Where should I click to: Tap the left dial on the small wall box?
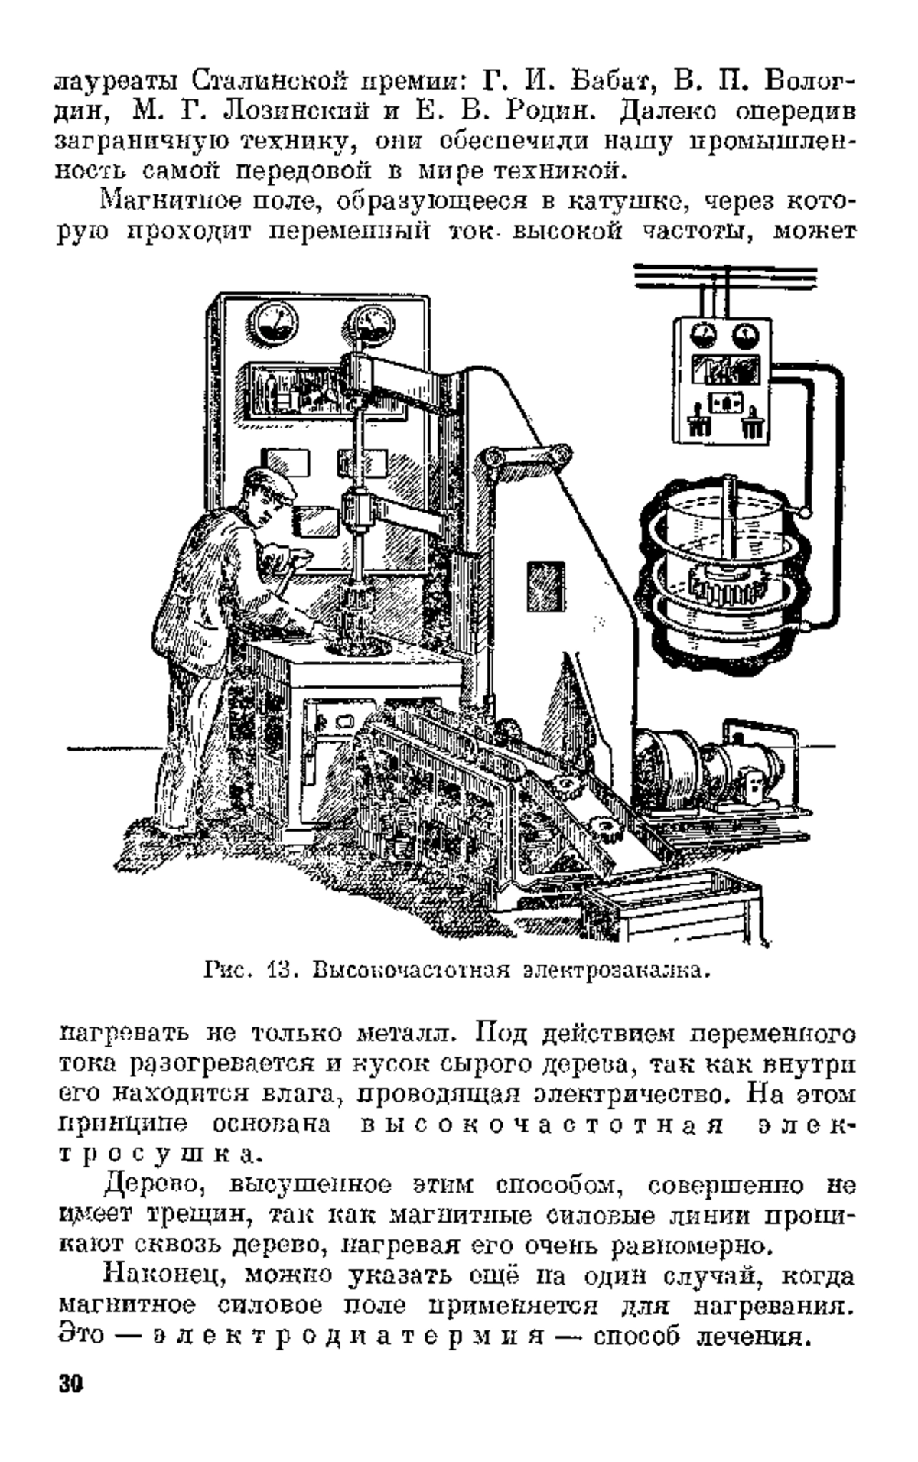700,334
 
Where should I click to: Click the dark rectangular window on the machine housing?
545,587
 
